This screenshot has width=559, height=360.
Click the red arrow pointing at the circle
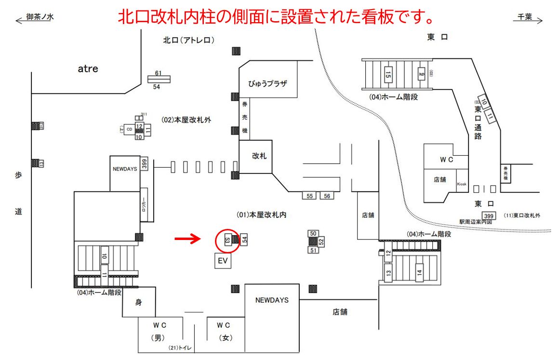point(187,238)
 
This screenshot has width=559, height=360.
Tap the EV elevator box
point(223,261)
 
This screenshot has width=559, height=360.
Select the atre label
point(88,69)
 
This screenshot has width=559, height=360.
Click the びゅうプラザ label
point(267,83)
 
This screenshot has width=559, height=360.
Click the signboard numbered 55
point(310,196)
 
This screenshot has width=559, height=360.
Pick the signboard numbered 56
point(327,196)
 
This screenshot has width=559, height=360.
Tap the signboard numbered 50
point(313,234)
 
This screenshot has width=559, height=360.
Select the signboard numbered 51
point(313,250)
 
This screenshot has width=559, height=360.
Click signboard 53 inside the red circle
point(227,239)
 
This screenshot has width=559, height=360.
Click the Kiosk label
point(462,184)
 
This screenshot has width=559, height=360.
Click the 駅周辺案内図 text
point(476,222)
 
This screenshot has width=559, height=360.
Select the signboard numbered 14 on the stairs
point(419,273)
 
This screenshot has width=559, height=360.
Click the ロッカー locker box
point(143,204)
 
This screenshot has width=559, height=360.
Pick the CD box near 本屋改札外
point(129,129)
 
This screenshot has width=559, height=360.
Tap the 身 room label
point(139,303)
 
